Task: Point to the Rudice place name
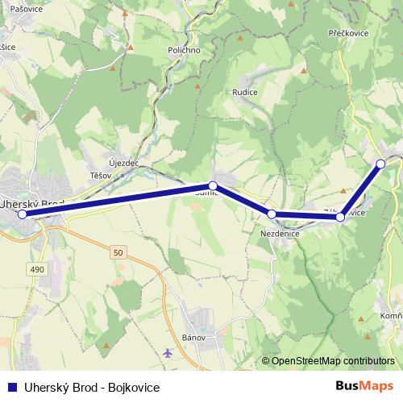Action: coord(244,92)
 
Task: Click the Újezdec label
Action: coord(124,163)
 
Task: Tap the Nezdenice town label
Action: coord(280,233)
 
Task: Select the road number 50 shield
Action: coord(119,253)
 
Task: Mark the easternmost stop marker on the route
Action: coord(380,164)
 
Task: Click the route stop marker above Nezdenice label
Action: coord(272,214)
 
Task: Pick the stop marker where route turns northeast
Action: coord(341,217)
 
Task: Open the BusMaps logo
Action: coord(364,386)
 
